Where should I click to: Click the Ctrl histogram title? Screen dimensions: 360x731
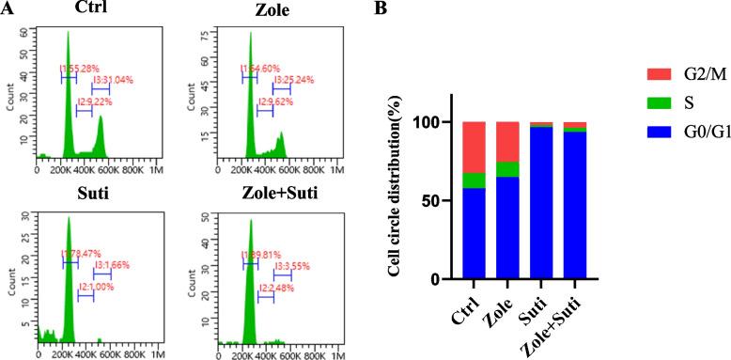click(x=89, y=10)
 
